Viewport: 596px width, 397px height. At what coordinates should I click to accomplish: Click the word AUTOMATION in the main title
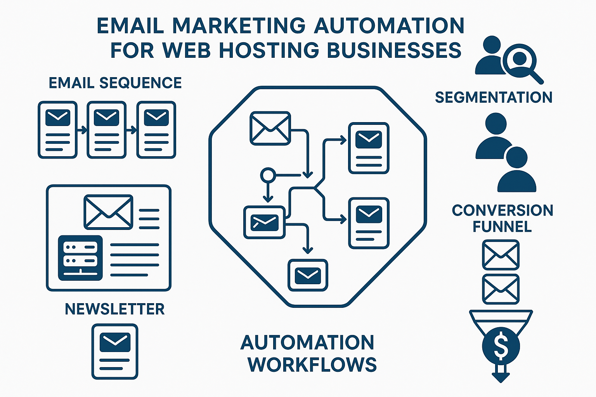(x=389, y=26)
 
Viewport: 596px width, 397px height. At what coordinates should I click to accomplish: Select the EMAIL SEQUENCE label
(x=115, y=83)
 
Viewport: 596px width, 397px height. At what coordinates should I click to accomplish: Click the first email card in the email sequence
(x=57, y=130)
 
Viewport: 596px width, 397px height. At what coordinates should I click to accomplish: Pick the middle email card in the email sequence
(x=107, y=130)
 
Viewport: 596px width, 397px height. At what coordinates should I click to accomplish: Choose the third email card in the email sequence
(x=156, y=130)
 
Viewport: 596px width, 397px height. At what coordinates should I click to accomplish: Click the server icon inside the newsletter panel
(x=80, y=258)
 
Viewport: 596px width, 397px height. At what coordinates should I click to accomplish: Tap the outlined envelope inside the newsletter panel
(x=108, y=212)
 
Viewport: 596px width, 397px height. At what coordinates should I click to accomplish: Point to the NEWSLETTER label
(x=114, y=309)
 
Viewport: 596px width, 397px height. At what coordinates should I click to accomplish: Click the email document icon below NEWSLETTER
(x=115, y=351)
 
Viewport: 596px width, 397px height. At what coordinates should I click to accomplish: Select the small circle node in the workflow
(x=267, y=175)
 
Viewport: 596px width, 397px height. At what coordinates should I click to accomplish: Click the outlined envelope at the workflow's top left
(x=270, y=128)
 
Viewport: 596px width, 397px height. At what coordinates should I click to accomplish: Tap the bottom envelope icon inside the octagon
(x=308, y=275)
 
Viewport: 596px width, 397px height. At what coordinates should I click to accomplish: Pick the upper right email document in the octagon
(x=369, y=148)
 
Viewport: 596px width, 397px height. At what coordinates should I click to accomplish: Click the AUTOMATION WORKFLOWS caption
(x=308, y=353)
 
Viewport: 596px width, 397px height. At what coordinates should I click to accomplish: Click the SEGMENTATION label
(x=494, y=97)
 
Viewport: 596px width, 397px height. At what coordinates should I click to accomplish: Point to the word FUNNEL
(x=502, y=226)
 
